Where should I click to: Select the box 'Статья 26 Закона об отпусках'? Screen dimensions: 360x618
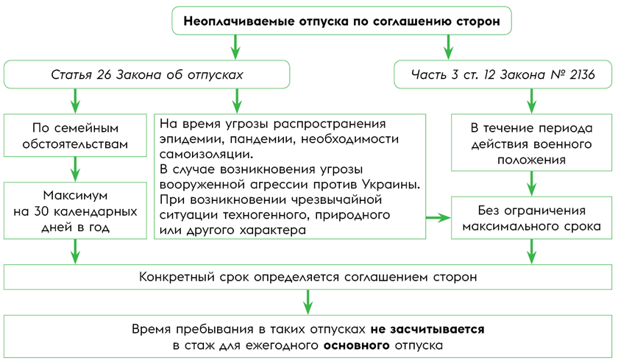(146, 75)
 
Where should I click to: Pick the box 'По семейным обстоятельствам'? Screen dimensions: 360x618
(76, 135)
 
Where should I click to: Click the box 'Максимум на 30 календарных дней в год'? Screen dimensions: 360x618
(76, 212)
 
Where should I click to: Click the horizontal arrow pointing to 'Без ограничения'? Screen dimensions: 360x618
(438, 217)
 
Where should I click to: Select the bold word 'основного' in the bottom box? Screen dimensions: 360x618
(357, 345)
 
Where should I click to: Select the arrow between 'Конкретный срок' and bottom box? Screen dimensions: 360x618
(308, 301)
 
